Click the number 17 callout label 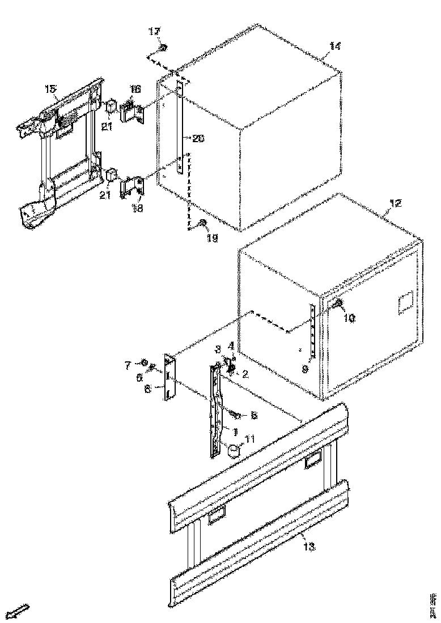[x=154, y=32]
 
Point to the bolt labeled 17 [x=162, y=46]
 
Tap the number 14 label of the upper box [x=335, y=47]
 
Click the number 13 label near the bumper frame [x=309, y=547]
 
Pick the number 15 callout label [x=50, y=89]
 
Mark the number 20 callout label [x=198, y=138]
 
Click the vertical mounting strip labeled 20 [x=180, y=125]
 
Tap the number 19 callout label [x=212, y=238]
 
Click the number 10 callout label [x=349, y=318]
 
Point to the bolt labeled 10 [x=336, y=305]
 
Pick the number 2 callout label [x=245, y=373]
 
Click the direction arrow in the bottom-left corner [x=21, y=611]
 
